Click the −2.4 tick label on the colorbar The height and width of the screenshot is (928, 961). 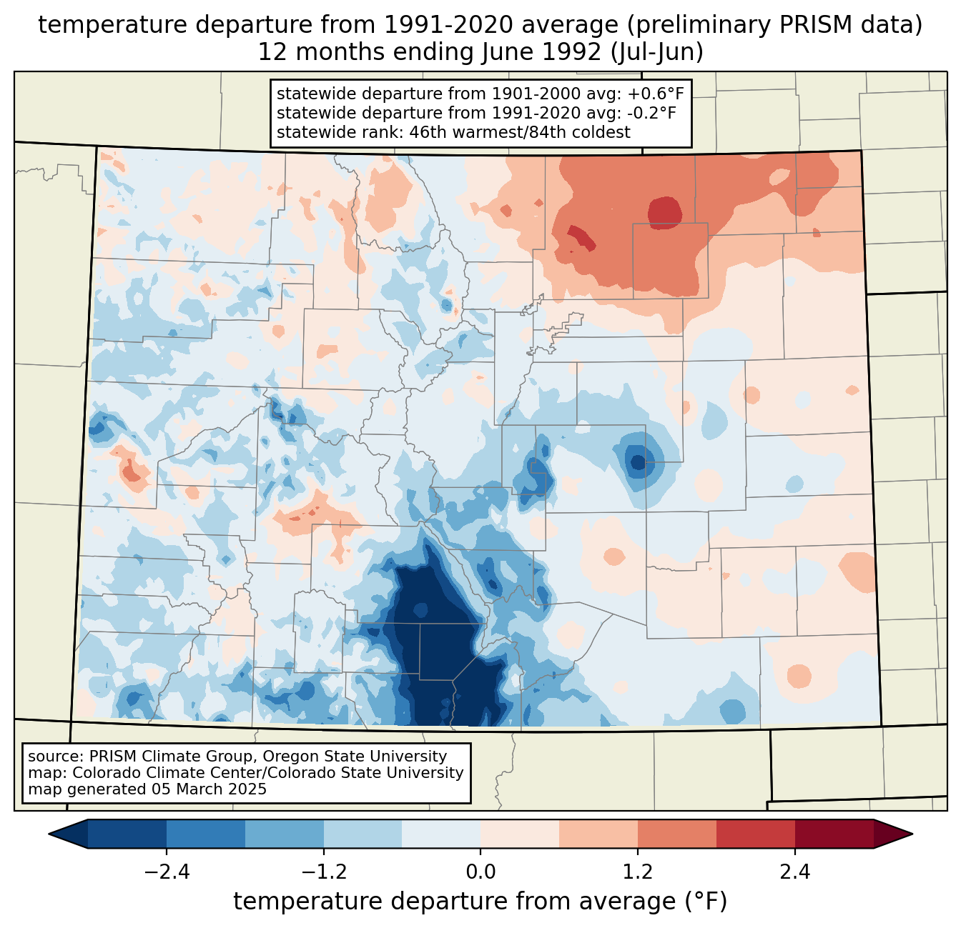point(167,872)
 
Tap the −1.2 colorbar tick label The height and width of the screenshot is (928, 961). point(324,872)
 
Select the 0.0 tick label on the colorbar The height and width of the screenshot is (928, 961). point(480,872)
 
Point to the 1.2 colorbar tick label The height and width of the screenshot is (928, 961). point(638,872)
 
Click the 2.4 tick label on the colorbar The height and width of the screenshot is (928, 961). point(795,872)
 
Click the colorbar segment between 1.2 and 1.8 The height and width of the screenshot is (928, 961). point(676,834)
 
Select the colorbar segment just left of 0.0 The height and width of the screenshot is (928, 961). point(441,834)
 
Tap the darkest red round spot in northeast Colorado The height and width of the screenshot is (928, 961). point(664,212)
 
